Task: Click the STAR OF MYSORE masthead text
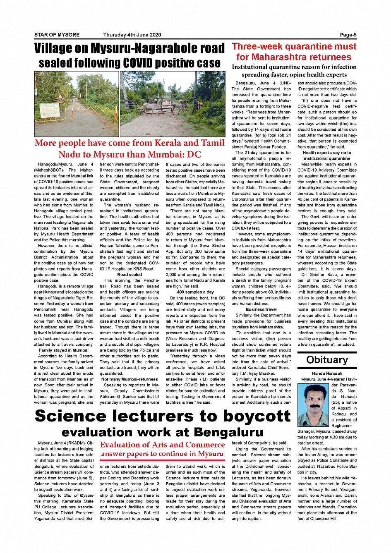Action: point(57,35)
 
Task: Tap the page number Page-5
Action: point(348,35)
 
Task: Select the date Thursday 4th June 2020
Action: point(132,35)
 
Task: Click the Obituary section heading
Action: point(327,359)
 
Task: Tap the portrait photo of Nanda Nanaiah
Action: point(313,400)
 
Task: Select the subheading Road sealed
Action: point(130,274)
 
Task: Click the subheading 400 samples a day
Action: point(195,292)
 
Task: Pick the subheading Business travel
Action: point(261,309)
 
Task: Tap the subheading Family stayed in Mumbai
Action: point(64,350)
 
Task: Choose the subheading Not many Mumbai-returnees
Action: point(130,379)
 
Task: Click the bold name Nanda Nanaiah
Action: point(327,373)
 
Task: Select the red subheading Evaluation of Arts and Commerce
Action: point(162,445)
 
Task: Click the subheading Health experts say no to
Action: point(327,153)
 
